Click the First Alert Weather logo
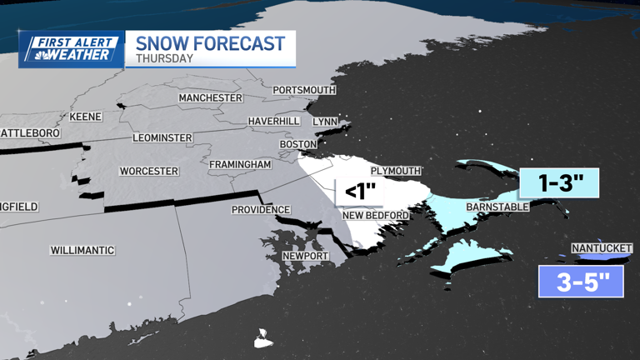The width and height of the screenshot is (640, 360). (x=71, y=49)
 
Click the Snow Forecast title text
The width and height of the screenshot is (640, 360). (x=210, y=43)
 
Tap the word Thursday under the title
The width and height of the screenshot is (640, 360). (x=164, y=59)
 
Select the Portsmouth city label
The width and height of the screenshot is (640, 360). (x=304, y=90)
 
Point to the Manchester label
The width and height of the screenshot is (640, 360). (x=210, y=98)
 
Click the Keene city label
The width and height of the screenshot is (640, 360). (x=85, y=117)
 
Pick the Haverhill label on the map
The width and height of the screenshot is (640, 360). (x=273, y=122)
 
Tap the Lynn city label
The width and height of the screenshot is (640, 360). (x=325, y=122)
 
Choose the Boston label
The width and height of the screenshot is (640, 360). (x=298, y=144)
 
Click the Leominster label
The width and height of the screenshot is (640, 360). (x=162, y=137)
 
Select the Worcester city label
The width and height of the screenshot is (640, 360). (x=149, y=171)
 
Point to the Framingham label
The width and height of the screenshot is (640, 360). (x=240, y=165)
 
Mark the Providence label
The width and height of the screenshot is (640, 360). (x=261, y=210)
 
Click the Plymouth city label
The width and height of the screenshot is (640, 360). (x=396, y=171)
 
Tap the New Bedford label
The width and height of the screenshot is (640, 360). (x=376, y=216)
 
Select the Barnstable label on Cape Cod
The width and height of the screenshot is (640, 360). (x=497, y=207)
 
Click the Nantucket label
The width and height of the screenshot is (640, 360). (x=602, y=248)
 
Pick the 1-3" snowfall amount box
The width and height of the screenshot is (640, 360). (x=559, y=184)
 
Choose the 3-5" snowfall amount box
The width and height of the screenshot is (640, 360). (x=581, y=282)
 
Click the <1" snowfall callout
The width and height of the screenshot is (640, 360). (x=358, y=192)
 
